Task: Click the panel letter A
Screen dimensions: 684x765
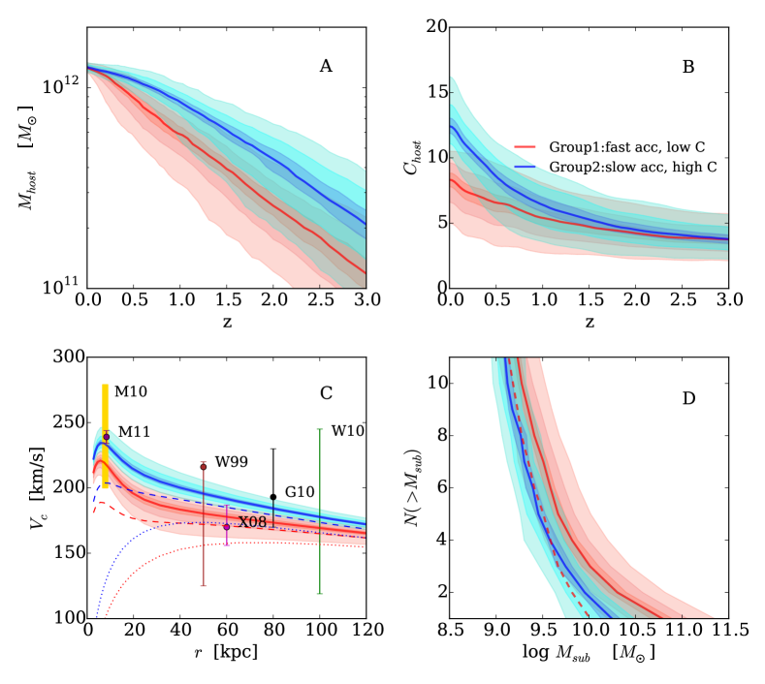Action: [326, 66]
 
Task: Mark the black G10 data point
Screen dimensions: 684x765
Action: [273, 497]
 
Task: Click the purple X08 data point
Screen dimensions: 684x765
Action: [227, 526]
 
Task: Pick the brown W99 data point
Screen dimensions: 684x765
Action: [204, 467]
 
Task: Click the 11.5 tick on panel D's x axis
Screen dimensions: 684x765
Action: [725, 631]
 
